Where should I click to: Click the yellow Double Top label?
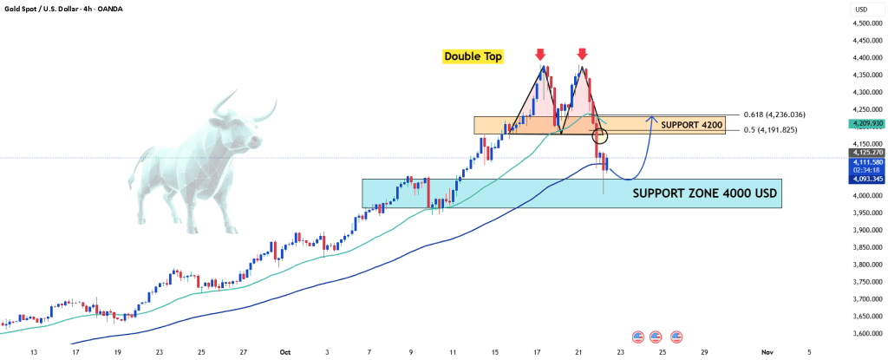pyautogui.click(x=473, y=56)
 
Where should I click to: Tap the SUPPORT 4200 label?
pyautogui.click(x=692, y=125)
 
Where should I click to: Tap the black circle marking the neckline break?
pyautogui.click(x=600, y=135)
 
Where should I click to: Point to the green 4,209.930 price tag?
pyautogui.click(x=867, y=124)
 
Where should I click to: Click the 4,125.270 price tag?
pyautogui.click(x=867, y=153)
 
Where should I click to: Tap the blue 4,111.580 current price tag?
pyautogui.click(x=867, y=161)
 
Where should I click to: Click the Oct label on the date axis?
pyautogui.click(x=284, y=352)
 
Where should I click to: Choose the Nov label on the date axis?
pyautogui.click(x=767, y=352)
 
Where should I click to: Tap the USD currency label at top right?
pyautogui.click(x=861, y=9)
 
